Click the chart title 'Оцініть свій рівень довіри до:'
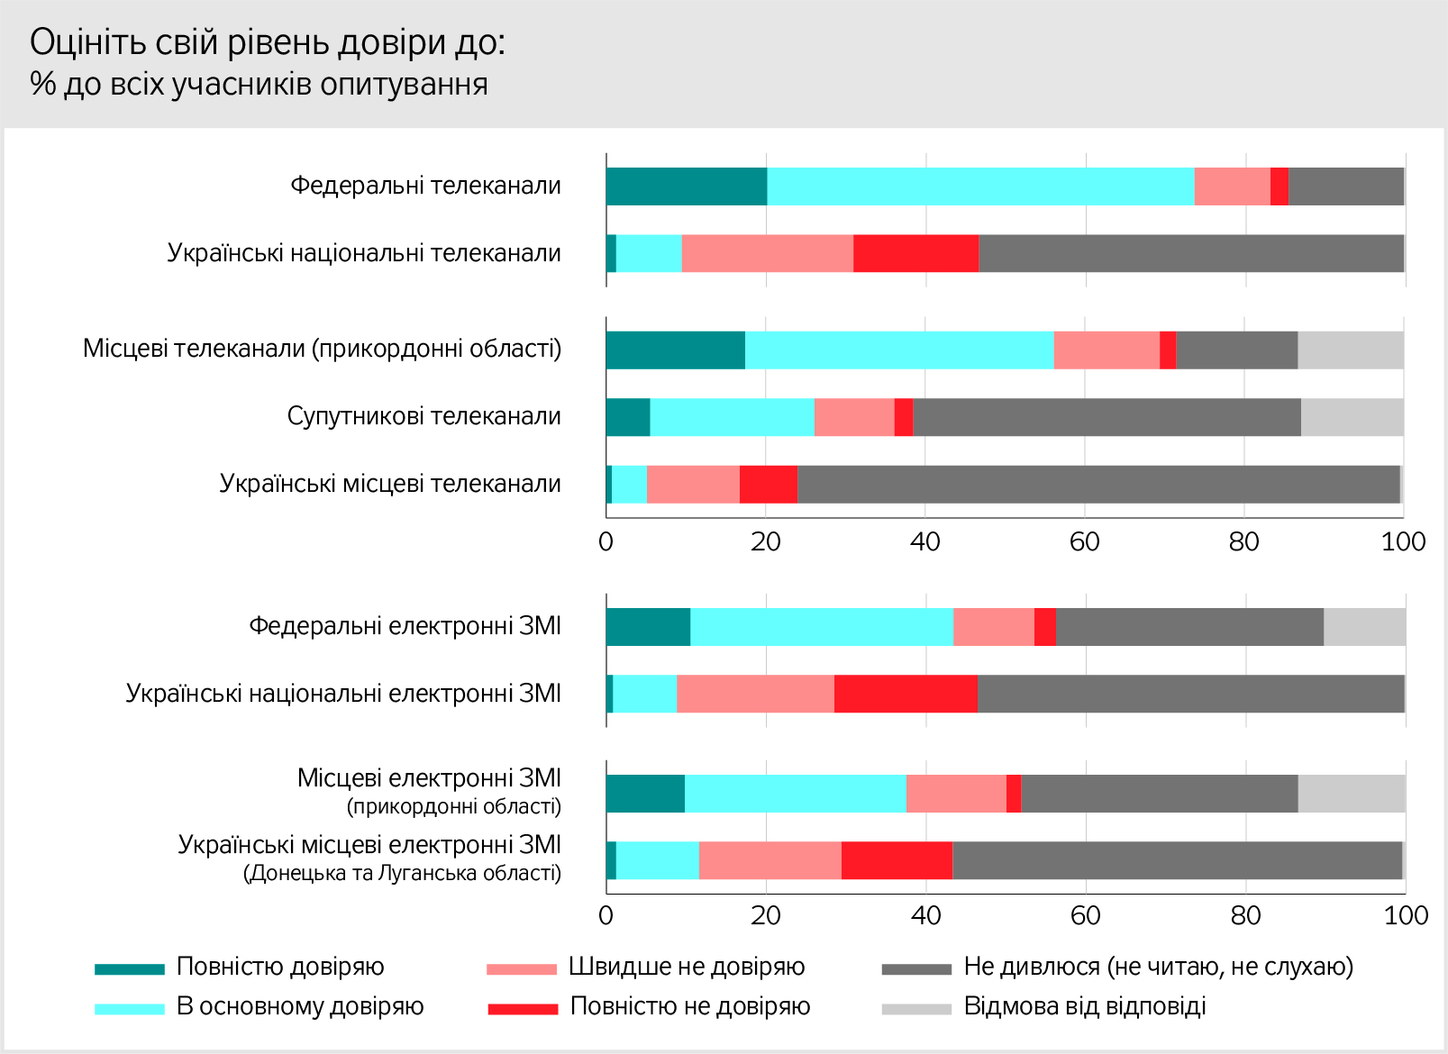pyautogui.click(x=268, y=42)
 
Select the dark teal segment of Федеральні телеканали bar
pyautogui.click(x=687, y=186)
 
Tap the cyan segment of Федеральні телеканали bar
pyautogui.click(x=980, y=186)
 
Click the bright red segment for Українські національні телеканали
pyautogui.click(x=915, y=253)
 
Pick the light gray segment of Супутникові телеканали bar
pyautogui.click(x=1352, y=417)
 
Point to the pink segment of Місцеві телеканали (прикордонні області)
pyautogui.click(x=1106, y=350)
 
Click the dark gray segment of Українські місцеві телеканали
pyautogui.click(x=1098, y=485)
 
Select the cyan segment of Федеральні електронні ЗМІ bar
pyautogui.click(x=822, y=627)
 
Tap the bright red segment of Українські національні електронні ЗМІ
pyautogui.click(x=906, y=694)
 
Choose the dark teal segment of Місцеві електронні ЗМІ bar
pyautogui.click(x=645, y=794)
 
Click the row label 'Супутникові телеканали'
pyautogui.click(x=423, y=416)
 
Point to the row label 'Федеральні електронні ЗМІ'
pyautogui.click(x=405, y=626)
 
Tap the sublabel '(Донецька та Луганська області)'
pyautogui.click(x=402, y=873)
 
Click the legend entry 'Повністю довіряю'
pyautogui.click(x=280, y=967)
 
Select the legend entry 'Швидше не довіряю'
pyautogui.click(x=687, y=967)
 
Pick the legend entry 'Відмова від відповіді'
pyautogui.click(x=1085, y=1006)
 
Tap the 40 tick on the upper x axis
pyautogui.click(x=925, y=541)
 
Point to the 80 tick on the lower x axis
pyautogui.click(x=1246, y=915)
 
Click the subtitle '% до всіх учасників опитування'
pyautogui.click(x=260, y=84)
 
